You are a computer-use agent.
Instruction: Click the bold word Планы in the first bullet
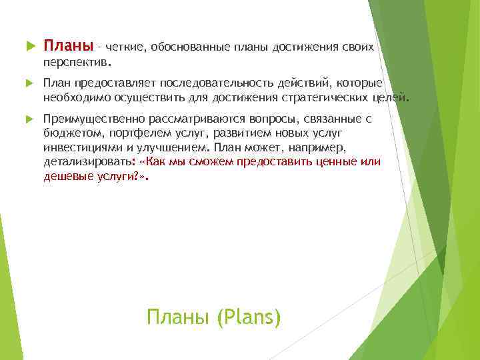pyautogui.click(x=68, y=46)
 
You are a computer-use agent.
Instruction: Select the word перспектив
pyautogui.click(x=74, y=62)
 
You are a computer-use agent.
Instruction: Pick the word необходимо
pyautogui.click(x=74, y=98)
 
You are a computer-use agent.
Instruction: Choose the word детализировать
pyautogui.click(x=87, y=163)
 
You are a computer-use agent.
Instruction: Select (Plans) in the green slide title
pyautogui.click(x=249, y=317)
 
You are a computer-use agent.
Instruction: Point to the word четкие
pyautogui.click(x=125, y=47)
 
